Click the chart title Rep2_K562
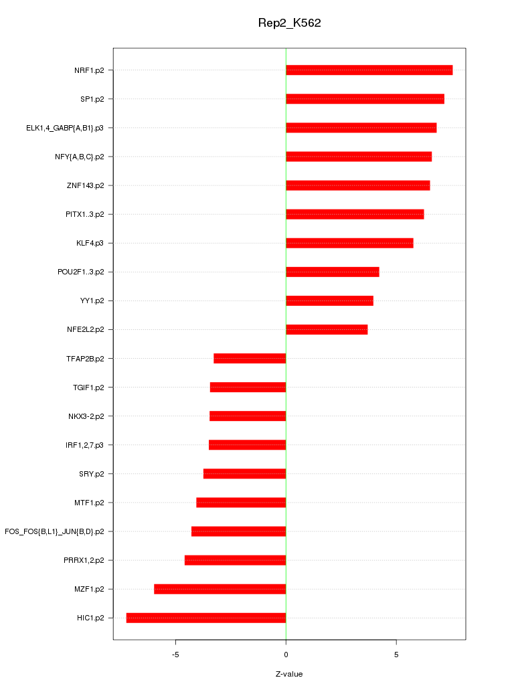pos(289,23)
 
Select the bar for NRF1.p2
pos(369,70)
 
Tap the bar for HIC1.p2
pos(206,618)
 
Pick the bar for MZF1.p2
pos(220,589)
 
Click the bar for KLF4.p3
pos(349,243)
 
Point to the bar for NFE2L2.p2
pos(327,329)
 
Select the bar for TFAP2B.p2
pos(250,358)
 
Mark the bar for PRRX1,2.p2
pos(235,560)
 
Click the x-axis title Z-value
pos(289,674)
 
